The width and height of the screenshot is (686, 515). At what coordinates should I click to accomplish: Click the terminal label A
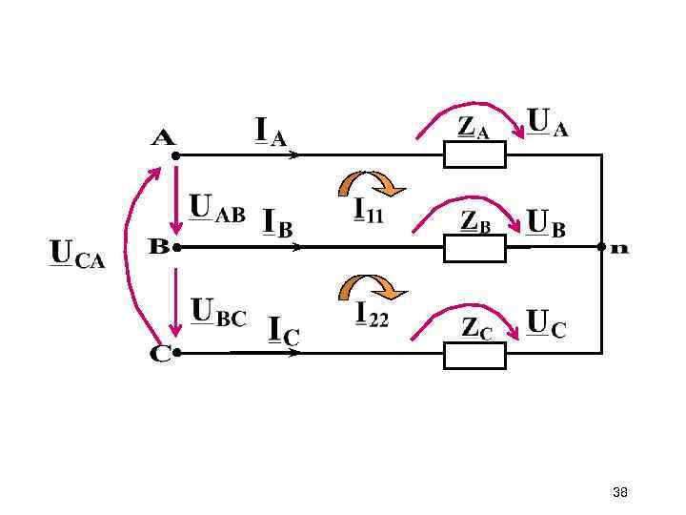[x=164, y=138]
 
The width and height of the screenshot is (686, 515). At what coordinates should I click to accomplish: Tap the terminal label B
[x=159, y=246]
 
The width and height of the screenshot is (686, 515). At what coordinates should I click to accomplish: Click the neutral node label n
[x=619, y=248]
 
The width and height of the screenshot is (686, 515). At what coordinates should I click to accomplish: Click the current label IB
[x=277, y=222]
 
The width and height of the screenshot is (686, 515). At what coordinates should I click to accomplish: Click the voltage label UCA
[x=77, y=256]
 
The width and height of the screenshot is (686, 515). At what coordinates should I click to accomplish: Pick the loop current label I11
[x=369, y=210]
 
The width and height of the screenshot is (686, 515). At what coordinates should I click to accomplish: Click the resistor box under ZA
[x=474, y=154]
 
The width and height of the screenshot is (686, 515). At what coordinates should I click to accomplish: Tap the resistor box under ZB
[x=474, y=247]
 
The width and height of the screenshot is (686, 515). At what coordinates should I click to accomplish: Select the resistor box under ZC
[x=474, y=353]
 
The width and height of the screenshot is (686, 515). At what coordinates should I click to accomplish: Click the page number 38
[x=619, y=492]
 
